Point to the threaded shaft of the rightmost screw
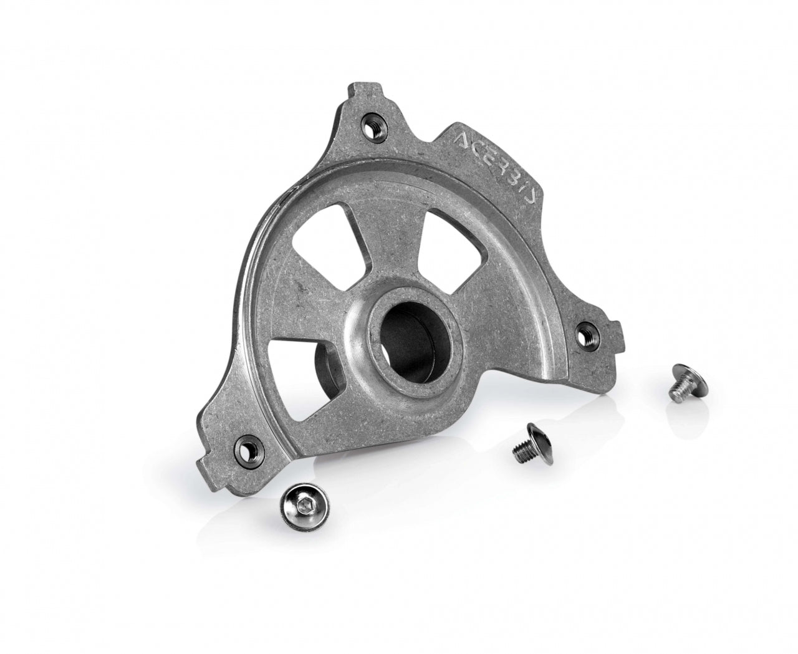point(681,391)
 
